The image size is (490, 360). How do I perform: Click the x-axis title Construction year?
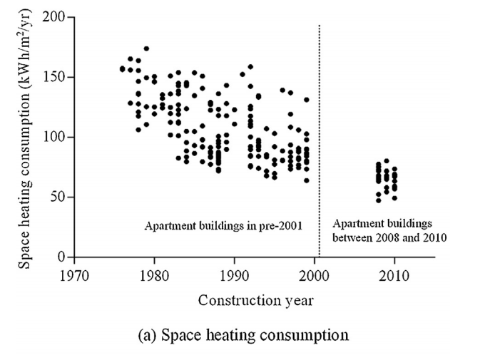click(x=255, y=300)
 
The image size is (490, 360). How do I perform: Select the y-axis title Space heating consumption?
click(x=26, y=136)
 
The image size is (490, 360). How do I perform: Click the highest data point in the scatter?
click(x=146, y=48)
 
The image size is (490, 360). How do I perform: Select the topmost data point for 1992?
click(x=250, y=67)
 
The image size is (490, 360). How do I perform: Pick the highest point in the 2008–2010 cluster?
click(x=387, y=161)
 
